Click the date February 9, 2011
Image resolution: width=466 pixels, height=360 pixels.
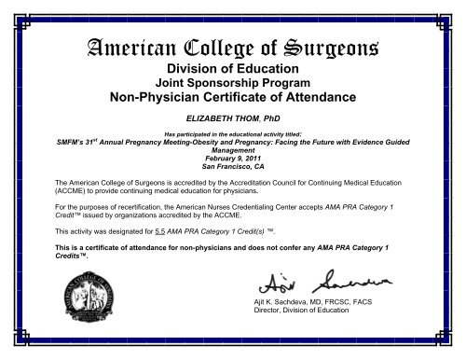[233, 166]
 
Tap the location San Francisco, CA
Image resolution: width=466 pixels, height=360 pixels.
[233, 173]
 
